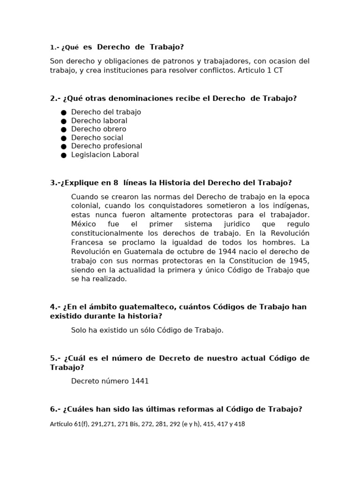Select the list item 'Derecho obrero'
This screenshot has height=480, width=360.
click(98, 129)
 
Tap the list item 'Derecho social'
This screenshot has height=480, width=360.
click(97, 138)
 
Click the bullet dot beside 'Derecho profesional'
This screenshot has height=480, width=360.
click(64, 146)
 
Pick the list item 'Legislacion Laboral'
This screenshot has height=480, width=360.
click(105, 155)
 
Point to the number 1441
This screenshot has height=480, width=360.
click(140, 381)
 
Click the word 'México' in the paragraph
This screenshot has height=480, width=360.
click(83, 224)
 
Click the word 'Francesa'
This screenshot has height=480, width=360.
click(86, 243)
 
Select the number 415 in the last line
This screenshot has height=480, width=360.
click(209, 424)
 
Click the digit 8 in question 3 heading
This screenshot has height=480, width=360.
click(116, 183)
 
